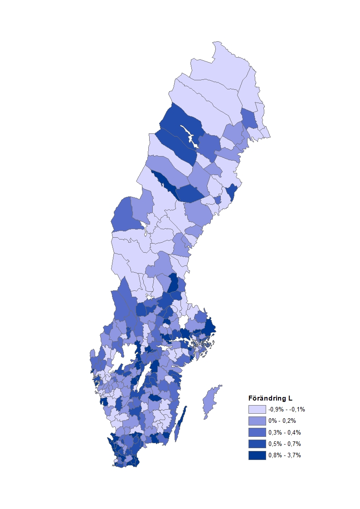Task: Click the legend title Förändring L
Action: click(x=270, y=399)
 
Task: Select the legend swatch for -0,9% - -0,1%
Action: click(x=257, y=410)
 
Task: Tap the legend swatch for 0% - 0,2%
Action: click(x=257, y=421)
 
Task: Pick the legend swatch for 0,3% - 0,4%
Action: click(x=257, y=432)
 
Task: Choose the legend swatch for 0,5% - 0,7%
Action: click(x=257, y=444)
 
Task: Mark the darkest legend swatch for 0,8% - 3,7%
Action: click(x=257, y=455)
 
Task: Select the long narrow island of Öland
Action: click(x=180, y=424)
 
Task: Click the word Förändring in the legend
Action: click(x=267, y=399)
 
